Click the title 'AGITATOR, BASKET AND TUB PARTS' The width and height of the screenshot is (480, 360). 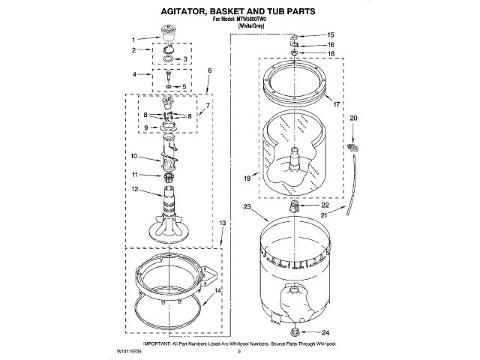coord(239,12)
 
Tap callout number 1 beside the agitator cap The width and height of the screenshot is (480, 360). coord(134,40)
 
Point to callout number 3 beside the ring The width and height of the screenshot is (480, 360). coord(188,58)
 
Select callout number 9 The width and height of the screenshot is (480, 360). coord(146,128)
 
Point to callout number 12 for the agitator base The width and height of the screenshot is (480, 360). coord(135,189)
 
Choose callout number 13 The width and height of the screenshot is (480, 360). coord(222,223)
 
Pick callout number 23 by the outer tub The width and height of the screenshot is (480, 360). coord(246,207)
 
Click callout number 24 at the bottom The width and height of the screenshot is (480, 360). coord(325,332)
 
